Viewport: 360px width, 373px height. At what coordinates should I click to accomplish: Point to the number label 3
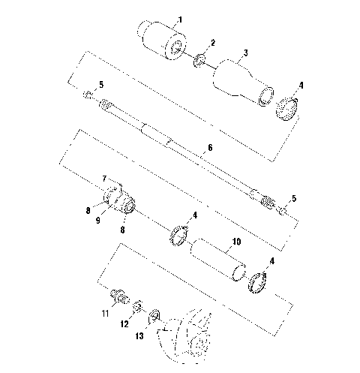point(244,54)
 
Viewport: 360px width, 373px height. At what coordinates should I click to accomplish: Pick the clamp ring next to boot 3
point(288,107)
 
